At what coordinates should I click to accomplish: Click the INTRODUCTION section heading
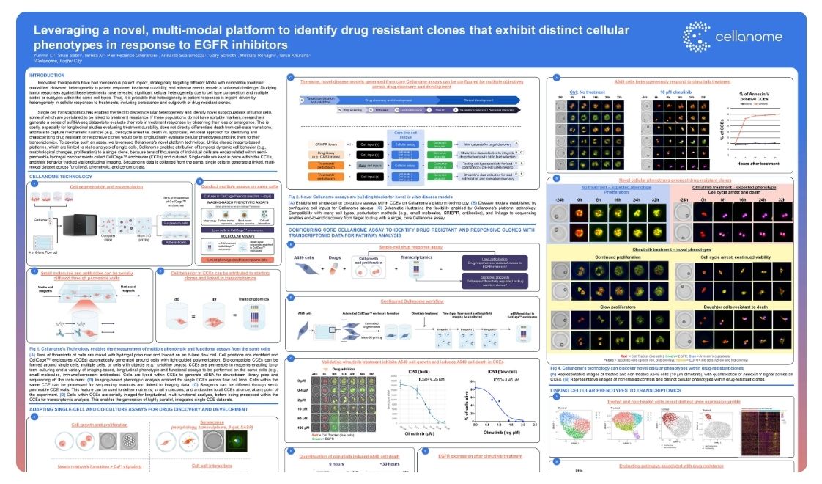click(x=45, y=76)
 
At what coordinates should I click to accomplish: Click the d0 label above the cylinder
click(x=176, y=298)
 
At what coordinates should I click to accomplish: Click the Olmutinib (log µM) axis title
click(x=506, y=433)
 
